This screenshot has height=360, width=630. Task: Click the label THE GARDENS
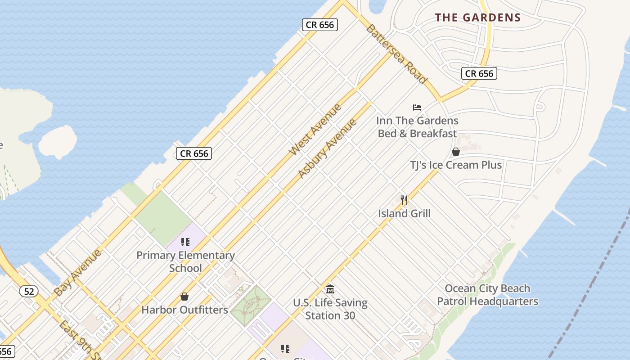coord(477,18)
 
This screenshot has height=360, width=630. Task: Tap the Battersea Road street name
coord(396,54)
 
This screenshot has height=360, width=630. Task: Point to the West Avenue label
coord(315,129)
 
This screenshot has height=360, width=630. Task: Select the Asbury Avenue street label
coord(327,148)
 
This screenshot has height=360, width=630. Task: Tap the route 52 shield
coord(29,291)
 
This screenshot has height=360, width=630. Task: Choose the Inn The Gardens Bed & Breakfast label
coord(417,127)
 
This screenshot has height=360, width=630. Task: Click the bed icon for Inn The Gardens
coord(417,108)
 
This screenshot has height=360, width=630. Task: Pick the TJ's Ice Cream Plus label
coord(456,165)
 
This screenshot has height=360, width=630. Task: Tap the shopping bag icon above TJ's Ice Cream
coord(456,152)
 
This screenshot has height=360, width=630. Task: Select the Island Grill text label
coord(404,213)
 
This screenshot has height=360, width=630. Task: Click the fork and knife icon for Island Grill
coord(404,200)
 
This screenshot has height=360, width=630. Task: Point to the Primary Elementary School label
coord(185,261)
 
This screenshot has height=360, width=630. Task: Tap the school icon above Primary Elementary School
coord(185,242)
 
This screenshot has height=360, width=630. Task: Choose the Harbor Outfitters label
coord(184,310)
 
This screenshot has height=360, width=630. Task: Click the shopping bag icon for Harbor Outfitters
coord(184,297)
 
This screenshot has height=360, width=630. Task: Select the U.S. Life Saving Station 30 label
coord(330,309)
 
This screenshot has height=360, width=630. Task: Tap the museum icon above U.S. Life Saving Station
coord(330,289)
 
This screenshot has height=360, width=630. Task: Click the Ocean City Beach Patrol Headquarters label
coord(487,295)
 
